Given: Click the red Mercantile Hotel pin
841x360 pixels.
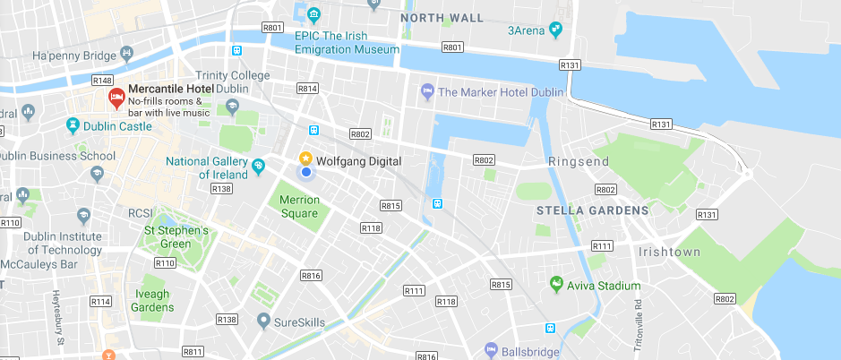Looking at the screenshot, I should [116, 97].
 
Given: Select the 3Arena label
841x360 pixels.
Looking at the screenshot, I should [527, 30].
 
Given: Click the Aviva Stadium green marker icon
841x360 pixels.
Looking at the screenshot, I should [556, 286].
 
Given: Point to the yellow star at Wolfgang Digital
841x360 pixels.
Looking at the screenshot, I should [305, 158].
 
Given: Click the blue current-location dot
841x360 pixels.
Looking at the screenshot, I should [305, 172].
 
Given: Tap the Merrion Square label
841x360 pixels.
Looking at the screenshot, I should [298, 207].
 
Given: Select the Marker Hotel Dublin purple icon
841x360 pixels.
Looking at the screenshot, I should [427, 91].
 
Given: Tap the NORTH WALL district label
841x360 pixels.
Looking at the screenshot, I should [442, 18].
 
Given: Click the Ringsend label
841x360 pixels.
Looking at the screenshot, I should [578, 162].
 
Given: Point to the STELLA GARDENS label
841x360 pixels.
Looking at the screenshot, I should [592, 210].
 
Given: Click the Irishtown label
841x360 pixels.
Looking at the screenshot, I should [669, 252].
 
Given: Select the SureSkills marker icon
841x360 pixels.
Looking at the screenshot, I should [263, 321].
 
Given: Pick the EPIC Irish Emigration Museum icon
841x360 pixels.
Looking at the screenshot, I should [313, 14].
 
